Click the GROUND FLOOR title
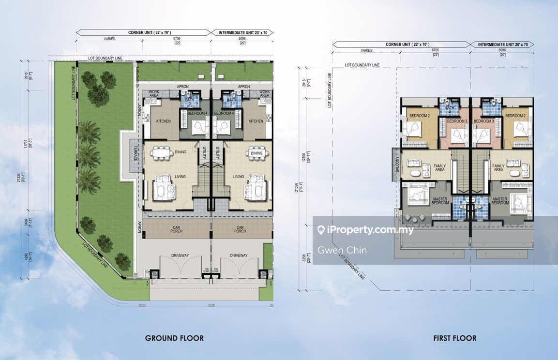(x=174, y=338)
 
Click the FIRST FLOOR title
(x=454, y=338)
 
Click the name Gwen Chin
(x=342, y=250)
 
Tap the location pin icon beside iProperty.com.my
(x=320, y=230)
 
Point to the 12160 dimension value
(x=303, y=158)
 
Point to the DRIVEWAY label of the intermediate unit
(x=239, y=255)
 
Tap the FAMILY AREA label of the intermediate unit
(x=498, y=167)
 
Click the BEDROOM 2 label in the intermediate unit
(x=515, y=116)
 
